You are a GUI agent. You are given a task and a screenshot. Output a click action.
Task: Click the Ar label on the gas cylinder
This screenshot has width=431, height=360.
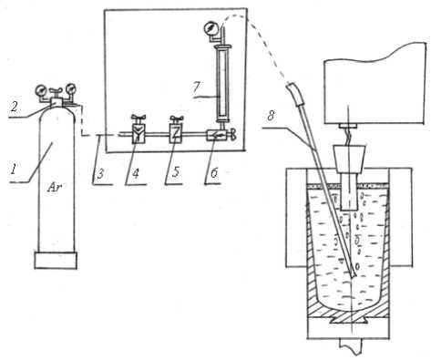click(x=56, y=188)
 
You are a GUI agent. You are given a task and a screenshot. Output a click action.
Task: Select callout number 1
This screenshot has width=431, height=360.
click(x=14, y=169)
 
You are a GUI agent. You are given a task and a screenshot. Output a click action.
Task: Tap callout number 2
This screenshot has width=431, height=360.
click(x=15, y=107)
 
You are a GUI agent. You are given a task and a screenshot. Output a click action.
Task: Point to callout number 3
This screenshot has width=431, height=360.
click(x=101, y=173)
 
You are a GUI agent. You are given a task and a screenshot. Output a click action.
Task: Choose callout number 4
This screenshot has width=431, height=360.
click(x=136, y=173)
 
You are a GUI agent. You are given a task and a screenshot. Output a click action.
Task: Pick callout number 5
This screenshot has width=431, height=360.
click(x=175, y=172)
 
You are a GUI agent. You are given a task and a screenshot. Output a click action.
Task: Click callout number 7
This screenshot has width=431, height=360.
click(x=197, y=87)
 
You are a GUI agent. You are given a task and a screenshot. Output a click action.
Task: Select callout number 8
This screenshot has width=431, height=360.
click(x=270, y=116)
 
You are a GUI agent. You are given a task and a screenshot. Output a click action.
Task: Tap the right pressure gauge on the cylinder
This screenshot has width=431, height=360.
click(x=71, y=88)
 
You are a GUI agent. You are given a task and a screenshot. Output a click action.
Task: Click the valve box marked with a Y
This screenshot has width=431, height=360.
click(x=138, y=134)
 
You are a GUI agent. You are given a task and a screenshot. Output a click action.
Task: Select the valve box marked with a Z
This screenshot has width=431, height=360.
click(x=176, y=134)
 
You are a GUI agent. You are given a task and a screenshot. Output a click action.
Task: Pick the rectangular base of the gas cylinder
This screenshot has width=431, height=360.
click(x=56, y=261)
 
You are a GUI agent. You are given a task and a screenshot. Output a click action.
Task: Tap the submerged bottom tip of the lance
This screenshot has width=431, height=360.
click(x=354, y=275)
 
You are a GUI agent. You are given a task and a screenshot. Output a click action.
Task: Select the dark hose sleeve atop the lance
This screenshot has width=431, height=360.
click(x=295, y=94)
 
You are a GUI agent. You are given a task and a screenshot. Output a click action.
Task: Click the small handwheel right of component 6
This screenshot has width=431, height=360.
click(x=233, y=134)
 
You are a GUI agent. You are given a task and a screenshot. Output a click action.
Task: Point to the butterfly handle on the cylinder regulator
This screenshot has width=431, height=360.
click(x=56, y=90)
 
